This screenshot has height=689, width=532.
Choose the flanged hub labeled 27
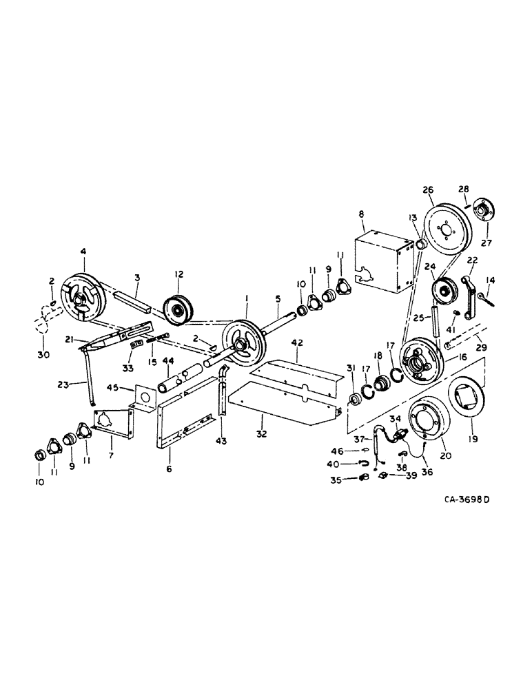coord(484,209)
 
